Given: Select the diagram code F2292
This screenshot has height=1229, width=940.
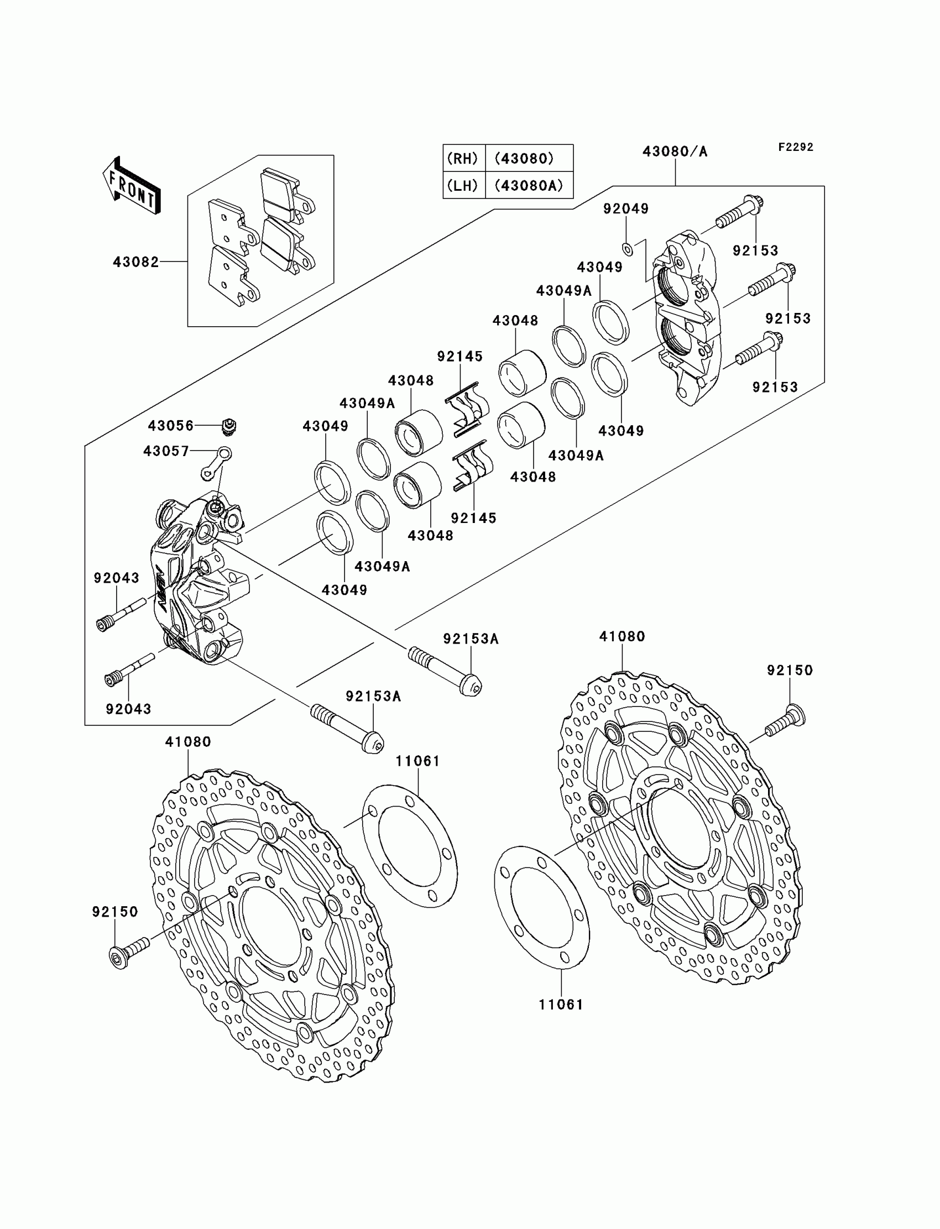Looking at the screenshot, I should click(x=795, y=147).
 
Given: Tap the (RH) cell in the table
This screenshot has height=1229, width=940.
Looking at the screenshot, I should click(x=463, y=158).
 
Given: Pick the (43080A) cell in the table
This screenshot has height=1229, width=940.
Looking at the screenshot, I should click(x=529, y=185).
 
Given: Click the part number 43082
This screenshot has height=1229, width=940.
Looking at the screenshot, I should click(x=135, y=262).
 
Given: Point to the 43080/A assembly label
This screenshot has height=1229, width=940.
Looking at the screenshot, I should click(x=675, y=151).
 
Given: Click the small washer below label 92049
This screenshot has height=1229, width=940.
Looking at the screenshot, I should click(x=628, y=249).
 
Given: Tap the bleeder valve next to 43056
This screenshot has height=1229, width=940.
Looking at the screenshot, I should click(x=229, y=426).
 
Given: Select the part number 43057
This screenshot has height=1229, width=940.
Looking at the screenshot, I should click(x=166, y=451).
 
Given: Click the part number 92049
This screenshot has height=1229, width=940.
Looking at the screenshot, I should click(x=625, y=208).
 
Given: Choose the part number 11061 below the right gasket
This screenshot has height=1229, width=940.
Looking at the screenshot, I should click(x=561, y=1004).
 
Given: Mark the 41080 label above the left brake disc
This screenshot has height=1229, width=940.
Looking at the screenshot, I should click(x=188, y=742).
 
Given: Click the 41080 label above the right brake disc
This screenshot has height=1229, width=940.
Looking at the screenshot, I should click(x=622, y=636).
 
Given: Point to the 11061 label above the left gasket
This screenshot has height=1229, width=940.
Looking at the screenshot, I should click(x=417, y=761).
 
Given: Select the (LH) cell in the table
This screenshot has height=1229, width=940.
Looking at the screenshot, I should click(x=463, y=185).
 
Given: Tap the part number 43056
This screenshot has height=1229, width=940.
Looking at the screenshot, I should click(x=171, y=426).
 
